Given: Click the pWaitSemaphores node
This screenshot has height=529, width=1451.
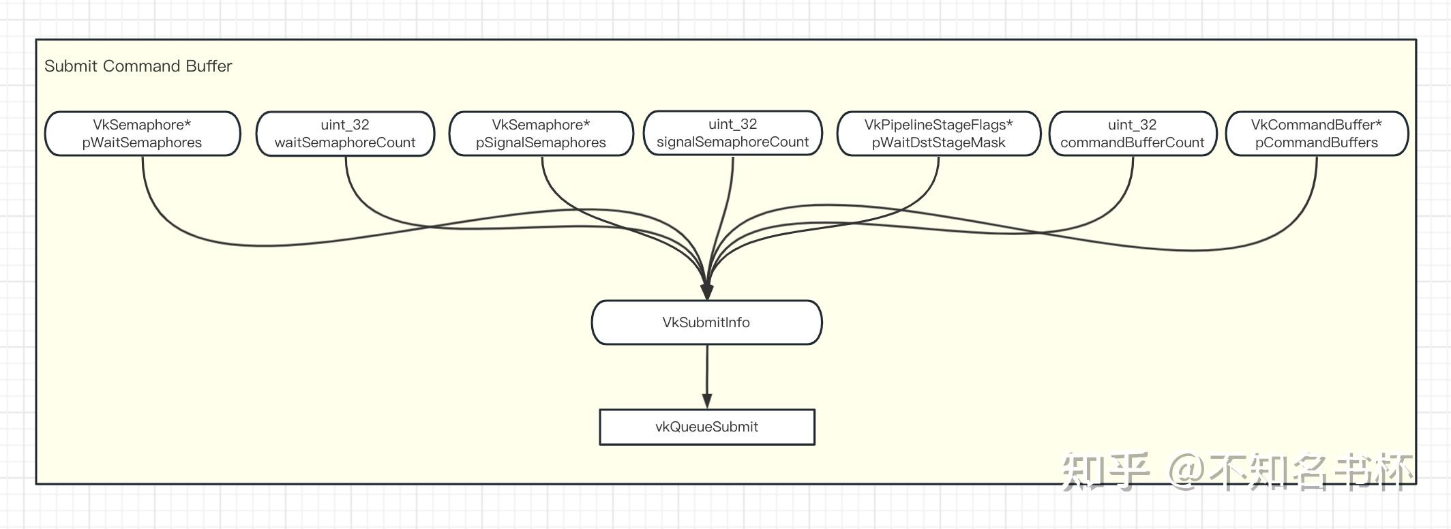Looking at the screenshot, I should coord(142,134).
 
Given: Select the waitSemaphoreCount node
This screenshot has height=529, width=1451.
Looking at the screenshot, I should coord(345,134).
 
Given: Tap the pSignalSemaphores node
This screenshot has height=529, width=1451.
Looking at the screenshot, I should coord(541,134).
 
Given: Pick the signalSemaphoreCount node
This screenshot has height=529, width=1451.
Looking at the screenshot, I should coord(732,134).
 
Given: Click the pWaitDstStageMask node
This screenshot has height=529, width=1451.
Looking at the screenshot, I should coord(938,134).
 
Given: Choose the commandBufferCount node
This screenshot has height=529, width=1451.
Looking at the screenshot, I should coord(1133,134).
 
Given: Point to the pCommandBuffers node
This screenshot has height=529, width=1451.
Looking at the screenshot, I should coord(1316,134).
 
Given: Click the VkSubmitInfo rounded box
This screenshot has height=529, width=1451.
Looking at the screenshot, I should coord(706,322).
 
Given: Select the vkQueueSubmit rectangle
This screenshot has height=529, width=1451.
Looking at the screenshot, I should coord(706,427).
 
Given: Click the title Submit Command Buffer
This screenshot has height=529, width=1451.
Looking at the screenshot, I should coord(138,66).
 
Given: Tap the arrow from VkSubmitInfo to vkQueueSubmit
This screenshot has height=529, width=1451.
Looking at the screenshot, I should coord(707,375).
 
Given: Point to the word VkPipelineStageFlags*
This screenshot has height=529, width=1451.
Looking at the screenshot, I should coord(938,125).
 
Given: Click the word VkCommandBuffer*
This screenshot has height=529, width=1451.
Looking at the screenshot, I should coord(1316,125).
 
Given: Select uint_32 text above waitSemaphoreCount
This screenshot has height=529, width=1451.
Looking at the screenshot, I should coord(345,125).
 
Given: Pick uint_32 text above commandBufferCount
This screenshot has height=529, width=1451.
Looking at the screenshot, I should coord(1133,125).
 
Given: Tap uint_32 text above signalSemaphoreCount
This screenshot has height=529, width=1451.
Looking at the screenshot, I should coord(732,124).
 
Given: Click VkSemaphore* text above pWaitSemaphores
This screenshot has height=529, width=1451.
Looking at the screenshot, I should coord(142,125).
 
